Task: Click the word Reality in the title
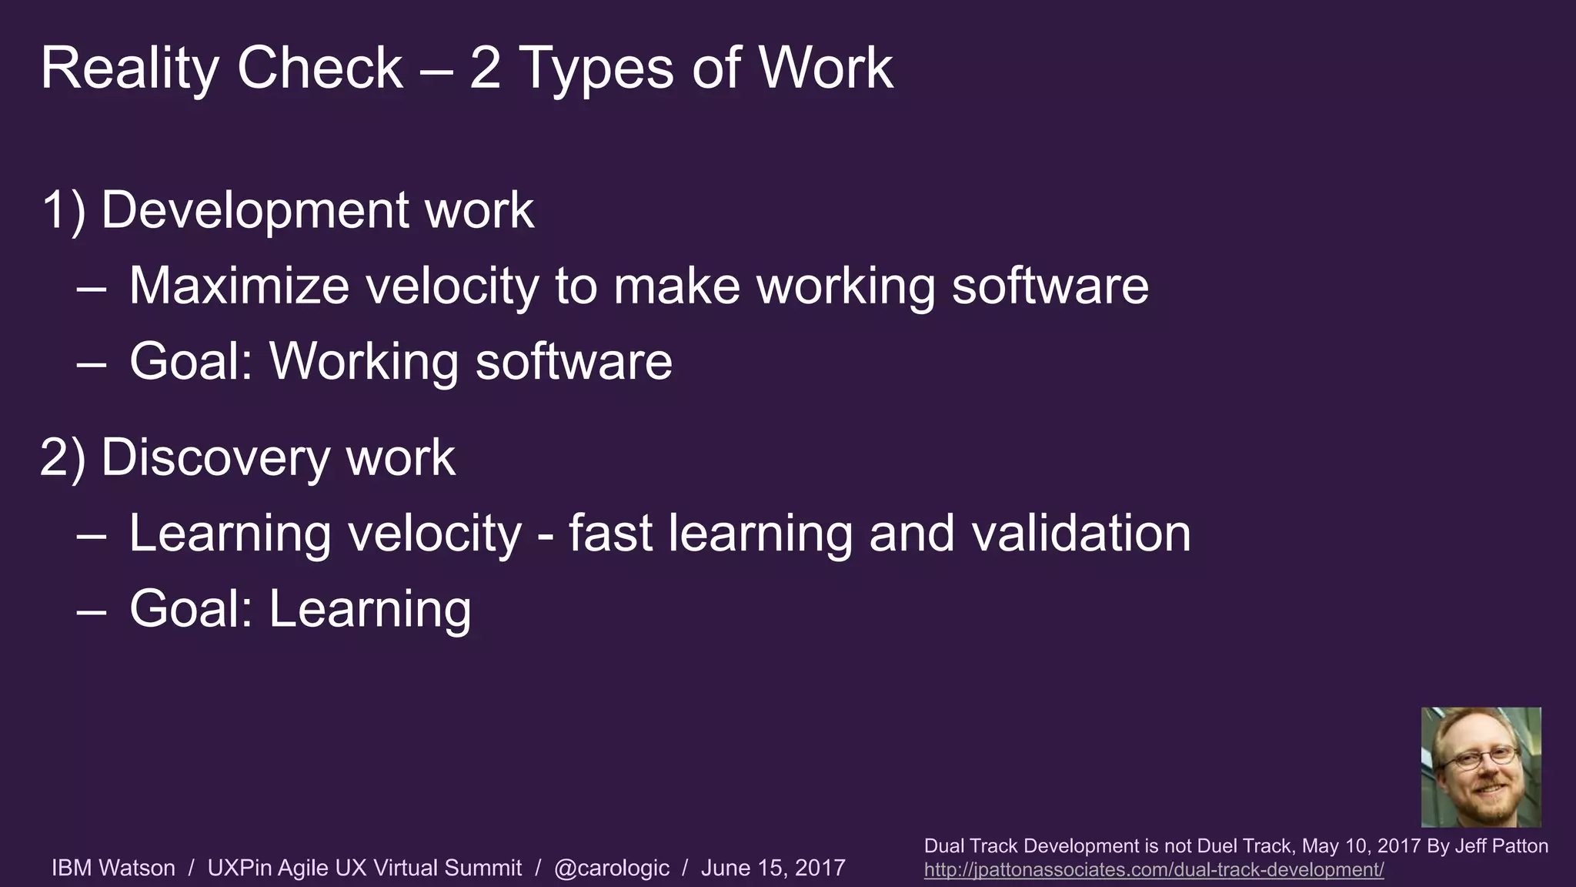click(x=129, y=69)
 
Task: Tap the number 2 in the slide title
click(x=485, y=69)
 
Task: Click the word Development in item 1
click(x=254, y=210)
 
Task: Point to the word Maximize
click(x=239, y=286)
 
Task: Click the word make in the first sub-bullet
click(x=676, y=286)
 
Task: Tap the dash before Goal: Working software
click(x=92, y=363)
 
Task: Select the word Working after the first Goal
click(x=363, y=361)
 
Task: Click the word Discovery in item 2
click(x=216, y=457)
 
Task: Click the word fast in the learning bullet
click(x=610, y=533)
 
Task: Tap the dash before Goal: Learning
click(x=92, y=610)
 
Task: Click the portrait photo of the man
click(x=1481, y=767)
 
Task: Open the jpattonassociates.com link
click(x=1154, y=870)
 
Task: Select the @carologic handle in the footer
click(x=612, y=868)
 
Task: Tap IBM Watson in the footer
click(x=113, y=868)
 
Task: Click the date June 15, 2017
click(x=773, y=868)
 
